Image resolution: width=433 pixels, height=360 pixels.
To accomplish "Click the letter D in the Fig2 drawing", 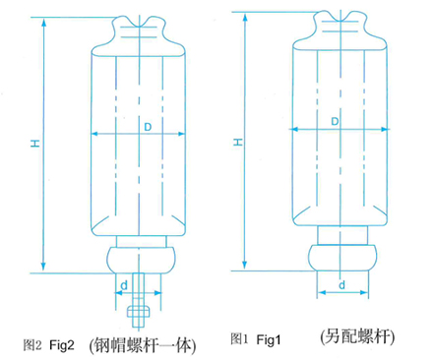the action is [148, 127].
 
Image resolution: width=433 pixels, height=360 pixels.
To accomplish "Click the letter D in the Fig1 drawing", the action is [335, 122].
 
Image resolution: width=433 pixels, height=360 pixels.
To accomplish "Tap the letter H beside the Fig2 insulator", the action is [35, 143].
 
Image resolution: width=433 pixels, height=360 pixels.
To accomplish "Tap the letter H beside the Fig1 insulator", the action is [238, 142].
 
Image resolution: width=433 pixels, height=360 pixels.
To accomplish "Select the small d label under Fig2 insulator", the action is [124, 285].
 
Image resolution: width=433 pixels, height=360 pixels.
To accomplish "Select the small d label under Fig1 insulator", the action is [341, 284].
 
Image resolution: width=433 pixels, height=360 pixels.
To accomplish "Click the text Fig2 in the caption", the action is [62, 344].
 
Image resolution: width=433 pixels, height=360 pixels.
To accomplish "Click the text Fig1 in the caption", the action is [269, 339].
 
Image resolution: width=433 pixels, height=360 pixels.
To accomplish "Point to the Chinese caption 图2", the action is [32, 345].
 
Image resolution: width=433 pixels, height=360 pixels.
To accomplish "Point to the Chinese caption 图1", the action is [239, 338].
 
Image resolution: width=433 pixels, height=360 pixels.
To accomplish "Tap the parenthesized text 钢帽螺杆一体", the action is [143, 345].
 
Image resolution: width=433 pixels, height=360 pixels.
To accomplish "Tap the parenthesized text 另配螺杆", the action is [357, 336].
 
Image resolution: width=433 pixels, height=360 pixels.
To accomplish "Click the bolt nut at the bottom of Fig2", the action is [139, 312].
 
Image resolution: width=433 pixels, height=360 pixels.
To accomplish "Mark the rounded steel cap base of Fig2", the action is [142, 260].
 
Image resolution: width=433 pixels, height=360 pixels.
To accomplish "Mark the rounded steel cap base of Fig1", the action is [342, 258].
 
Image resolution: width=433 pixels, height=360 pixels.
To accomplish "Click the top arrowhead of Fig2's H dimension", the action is [43, 23].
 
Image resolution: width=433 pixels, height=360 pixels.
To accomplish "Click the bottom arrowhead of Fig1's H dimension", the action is [244, 265].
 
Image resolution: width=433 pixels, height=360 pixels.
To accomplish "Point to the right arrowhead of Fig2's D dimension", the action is [180, 134].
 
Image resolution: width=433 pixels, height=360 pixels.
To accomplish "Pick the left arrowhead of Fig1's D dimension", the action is [294, 129].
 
